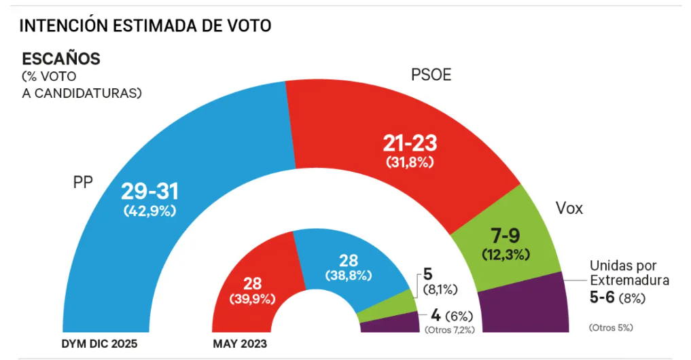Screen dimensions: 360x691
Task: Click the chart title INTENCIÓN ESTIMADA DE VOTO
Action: (145, 26)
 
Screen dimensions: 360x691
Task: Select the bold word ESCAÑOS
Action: (61, 58)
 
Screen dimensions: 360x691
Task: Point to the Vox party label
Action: (569, 209)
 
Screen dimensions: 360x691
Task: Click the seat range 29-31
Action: (149, 192)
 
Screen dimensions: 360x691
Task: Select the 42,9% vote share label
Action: (149, 211)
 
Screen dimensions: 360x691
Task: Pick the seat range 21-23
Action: (410, 144)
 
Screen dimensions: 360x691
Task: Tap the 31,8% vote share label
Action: (410, 163)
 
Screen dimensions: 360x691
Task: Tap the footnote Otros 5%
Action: (611, 327)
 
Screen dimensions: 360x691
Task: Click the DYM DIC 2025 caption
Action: (99, 344)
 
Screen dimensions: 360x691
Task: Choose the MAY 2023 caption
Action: (240, 344)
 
